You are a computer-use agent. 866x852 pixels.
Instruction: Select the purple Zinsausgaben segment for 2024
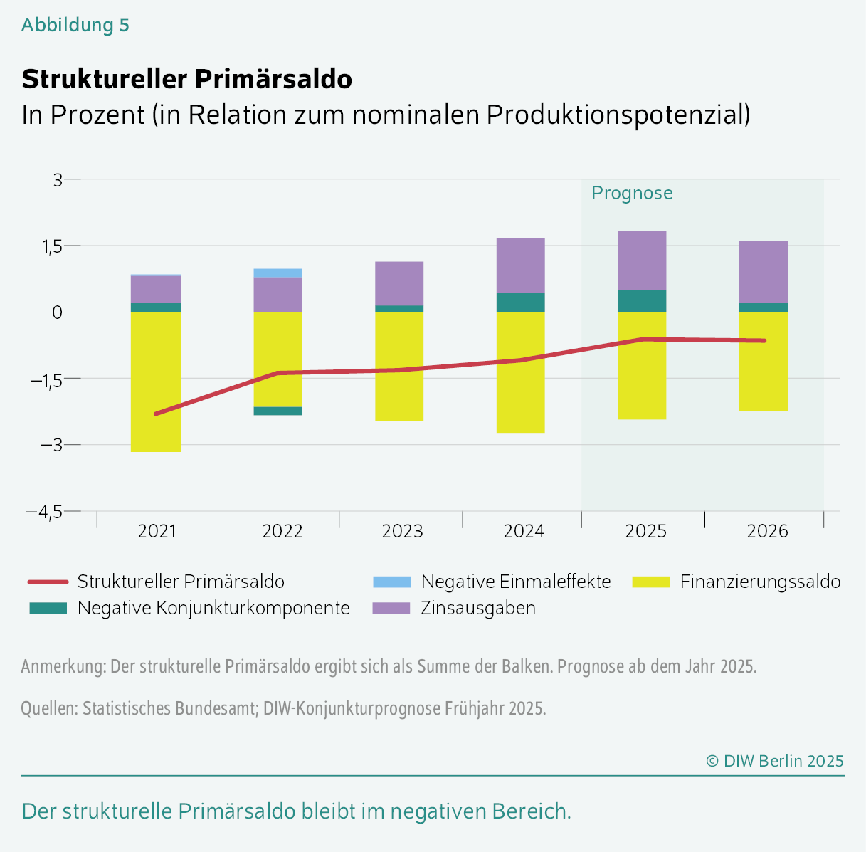[520, 265]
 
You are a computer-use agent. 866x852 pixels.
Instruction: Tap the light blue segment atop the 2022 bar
[278, 273]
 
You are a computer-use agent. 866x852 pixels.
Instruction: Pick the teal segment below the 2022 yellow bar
[278, 411]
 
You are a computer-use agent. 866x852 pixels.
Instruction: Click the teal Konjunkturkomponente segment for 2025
[642, 301]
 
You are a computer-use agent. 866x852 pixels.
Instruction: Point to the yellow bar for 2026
[764, 377]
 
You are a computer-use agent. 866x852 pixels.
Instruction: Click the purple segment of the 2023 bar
[399, 283]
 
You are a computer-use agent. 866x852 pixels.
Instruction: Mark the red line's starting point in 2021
[156, 414]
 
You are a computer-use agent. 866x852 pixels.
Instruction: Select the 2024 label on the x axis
[524, 532]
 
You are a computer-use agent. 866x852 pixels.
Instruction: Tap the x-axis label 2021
[157, 532]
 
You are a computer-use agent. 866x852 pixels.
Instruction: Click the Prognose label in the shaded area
[632, 194]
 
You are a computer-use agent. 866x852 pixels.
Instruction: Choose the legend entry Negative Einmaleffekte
[515, 582]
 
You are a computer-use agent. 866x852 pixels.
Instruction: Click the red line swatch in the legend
[48, 582]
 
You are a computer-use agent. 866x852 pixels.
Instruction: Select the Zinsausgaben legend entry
[477, 608]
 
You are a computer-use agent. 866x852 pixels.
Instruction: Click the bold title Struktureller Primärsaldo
[186, 79]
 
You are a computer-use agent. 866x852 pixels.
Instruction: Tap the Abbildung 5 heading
[75, 25]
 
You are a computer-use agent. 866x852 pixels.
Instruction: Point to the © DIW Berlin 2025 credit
[774, 760]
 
